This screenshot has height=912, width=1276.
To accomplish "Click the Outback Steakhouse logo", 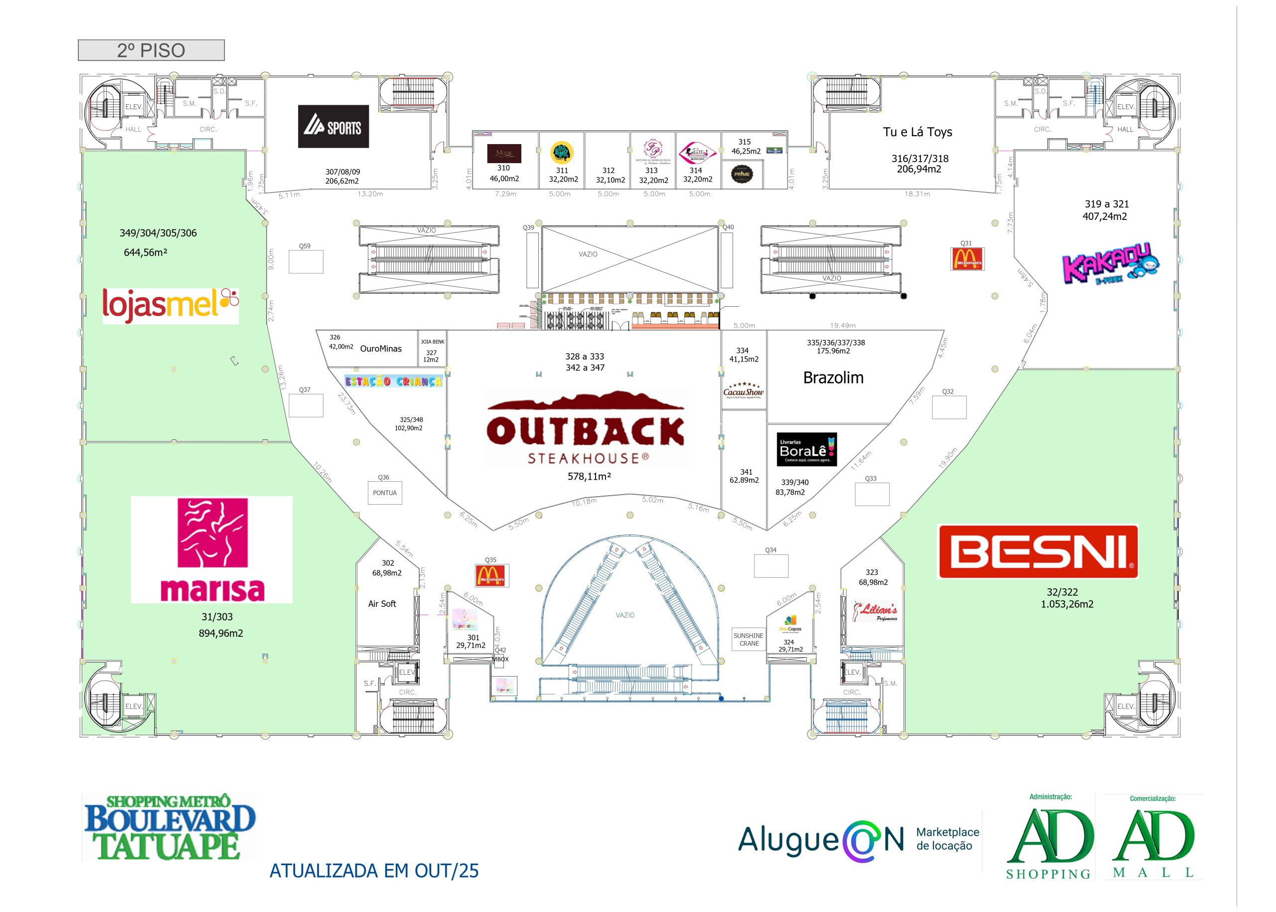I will pos(586,428).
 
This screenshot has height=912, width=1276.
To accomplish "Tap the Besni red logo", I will pos(1037,551).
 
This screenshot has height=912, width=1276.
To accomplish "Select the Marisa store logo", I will pos(212,549).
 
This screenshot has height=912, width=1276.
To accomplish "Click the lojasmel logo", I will pos(170,306).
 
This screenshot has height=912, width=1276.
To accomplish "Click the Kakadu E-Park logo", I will pos(1110,263).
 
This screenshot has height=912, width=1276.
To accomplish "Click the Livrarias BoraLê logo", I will pos(806,449).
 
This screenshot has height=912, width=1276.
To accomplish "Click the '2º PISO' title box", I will pos(151,50).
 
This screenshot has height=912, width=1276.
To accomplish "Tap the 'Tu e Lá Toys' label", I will pos(917,132).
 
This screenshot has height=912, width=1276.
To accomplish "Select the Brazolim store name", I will pos(833,378).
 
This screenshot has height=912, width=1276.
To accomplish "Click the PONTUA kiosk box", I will pos(384,493).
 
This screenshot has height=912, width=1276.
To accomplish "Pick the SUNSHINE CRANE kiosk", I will pos(748,640).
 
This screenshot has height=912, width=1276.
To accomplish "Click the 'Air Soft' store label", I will pos(382,604).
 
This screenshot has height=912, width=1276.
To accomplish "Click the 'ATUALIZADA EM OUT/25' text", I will pos(374,871).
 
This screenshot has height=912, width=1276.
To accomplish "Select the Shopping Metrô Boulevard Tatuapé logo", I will pos(169,827).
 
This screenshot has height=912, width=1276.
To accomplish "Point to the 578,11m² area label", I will pos(589,476).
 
